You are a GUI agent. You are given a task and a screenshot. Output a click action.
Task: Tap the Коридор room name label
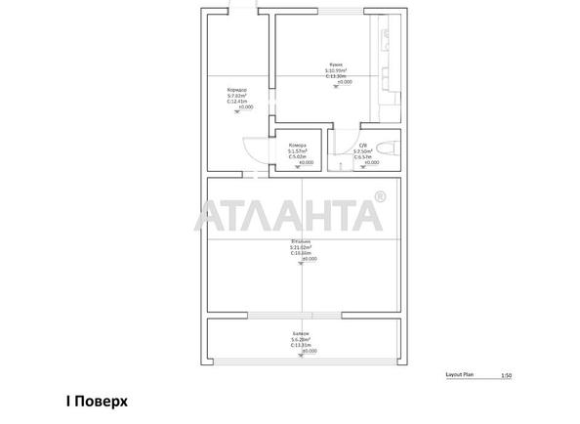tap(236, 89)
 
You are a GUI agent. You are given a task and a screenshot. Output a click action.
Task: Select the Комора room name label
tap(297, 146)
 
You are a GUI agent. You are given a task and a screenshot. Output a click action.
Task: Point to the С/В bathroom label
tap(364, 146)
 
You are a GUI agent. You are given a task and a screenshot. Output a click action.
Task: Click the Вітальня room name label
tap(301, 240)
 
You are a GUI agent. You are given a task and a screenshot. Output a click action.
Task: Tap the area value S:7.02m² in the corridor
tap(236, 95)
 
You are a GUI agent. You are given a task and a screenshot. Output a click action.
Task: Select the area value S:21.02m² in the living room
tap(301, 247)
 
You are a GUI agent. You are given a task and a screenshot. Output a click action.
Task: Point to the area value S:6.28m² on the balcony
tap(301, 339)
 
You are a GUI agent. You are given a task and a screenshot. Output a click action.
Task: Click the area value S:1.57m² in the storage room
tap(297, 151)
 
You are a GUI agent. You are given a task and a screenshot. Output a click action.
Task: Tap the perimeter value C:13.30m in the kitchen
tap(336, 77)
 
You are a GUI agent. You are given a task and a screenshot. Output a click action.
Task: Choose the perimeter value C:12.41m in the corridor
tap(236, 101)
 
